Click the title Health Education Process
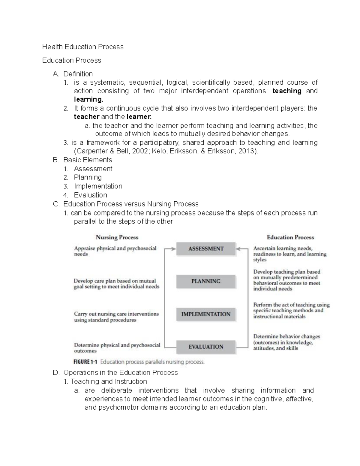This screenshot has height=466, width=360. [83, 47]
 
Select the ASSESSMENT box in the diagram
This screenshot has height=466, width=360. [206, 249]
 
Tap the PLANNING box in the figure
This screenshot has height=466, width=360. [206, 281]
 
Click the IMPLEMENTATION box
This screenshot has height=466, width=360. [206, 314]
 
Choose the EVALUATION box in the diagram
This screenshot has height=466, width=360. [206, 347]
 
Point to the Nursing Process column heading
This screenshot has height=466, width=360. [117, 237]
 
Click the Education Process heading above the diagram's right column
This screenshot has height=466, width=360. [290, 237]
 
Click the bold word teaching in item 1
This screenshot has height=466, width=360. [287, 91]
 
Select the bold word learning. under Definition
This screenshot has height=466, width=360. [88, 99]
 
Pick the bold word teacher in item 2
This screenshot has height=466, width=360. [86, 117]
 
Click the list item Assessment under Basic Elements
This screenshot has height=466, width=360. [93, 169]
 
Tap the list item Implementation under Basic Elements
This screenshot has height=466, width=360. [98, 186]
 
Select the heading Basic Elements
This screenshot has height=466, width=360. [88, 160]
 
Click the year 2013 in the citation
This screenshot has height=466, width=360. [246, 151]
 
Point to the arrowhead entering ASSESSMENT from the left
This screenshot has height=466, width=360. [173, 249]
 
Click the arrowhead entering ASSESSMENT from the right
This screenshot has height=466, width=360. [238, 249]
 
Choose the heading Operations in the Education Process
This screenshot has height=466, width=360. [120, 373]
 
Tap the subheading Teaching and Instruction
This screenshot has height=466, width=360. [109, 382]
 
